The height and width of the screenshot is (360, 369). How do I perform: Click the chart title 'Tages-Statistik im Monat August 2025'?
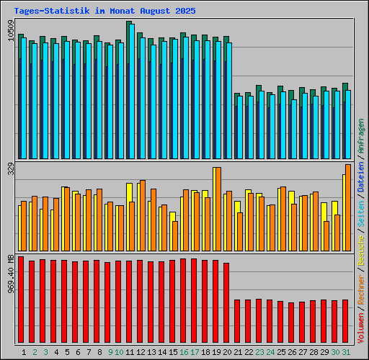(105, 12)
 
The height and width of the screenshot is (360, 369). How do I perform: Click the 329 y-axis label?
(9, 169)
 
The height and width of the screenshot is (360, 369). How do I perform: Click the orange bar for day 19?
(218, 209)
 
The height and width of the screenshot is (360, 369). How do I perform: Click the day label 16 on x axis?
(184, 352)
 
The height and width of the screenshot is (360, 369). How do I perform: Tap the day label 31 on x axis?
(346, 352)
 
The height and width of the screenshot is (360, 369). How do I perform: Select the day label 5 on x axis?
(67, 352)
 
